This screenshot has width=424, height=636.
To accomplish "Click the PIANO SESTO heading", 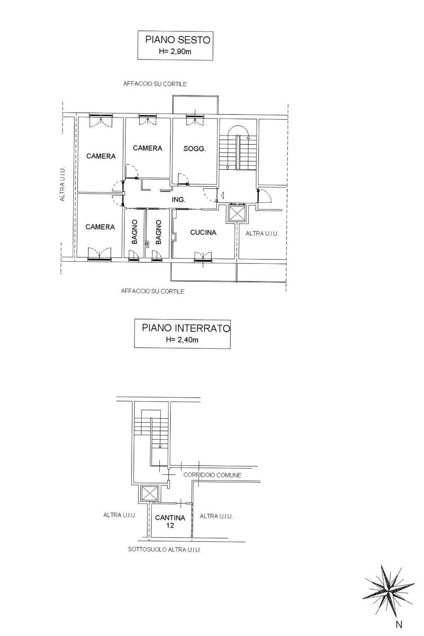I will click(178, 40).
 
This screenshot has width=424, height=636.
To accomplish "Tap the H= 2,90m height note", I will click(175, 52).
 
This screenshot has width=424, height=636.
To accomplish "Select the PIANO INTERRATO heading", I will click(185, 328).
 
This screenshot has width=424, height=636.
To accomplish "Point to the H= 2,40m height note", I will click(182, 340).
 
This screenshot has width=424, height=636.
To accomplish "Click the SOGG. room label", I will click(195, 149).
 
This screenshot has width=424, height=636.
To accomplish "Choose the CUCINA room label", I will click(203, 233).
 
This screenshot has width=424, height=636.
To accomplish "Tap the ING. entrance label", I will click(179, 200).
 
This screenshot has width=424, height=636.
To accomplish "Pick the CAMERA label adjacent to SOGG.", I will click(147, 148).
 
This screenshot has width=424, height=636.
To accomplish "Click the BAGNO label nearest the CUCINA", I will click(159, 232).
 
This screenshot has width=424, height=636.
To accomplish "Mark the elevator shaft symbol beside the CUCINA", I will click(237, 213).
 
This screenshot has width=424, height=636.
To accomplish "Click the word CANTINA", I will click(170, 518).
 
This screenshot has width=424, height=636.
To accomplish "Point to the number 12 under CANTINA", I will click(170, 525).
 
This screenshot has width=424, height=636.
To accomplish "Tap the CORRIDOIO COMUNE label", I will click(212, 475).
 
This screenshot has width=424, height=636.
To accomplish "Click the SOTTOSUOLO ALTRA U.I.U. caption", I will click(164, 550).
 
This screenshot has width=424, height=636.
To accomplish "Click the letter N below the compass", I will click(399, 625).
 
